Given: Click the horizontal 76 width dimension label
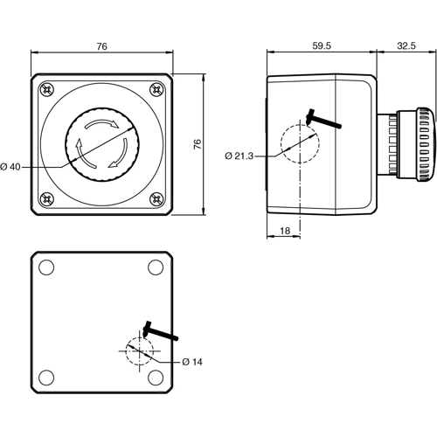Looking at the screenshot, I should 102,47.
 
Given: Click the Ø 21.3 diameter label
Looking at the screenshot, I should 239,156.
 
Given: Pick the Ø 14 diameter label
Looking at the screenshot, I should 192,361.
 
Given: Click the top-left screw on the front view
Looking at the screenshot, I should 45,89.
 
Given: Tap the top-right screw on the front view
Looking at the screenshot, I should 156,89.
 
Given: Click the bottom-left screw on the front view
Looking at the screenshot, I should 45,200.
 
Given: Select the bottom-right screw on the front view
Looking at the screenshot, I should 156,200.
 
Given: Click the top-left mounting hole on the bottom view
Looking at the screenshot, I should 48,267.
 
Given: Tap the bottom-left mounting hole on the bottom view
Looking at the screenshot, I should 48,376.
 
